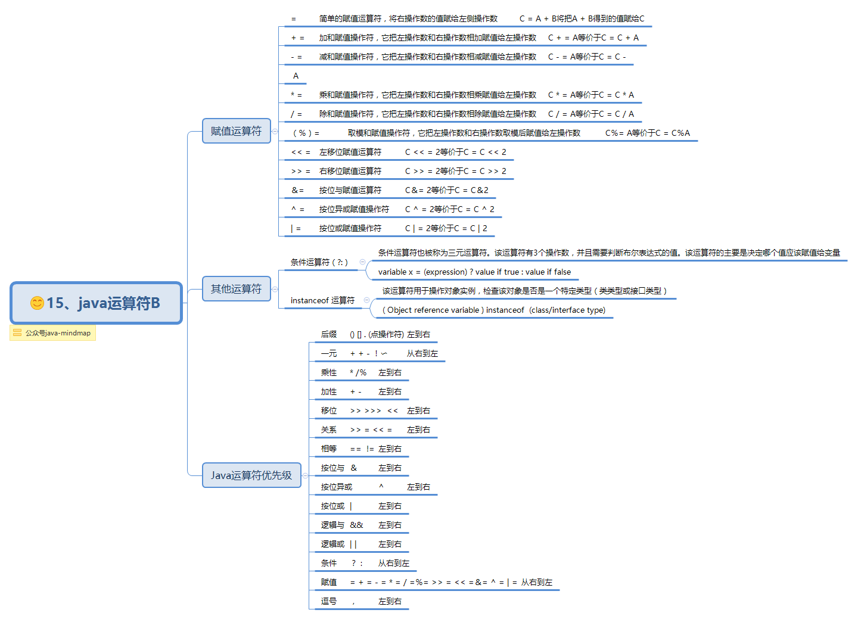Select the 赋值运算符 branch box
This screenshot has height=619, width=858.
point(236,131)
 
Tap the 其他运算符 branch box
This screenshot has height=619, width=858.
point(236,289)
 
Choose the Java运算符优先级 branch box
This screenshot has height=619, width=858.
point(251,475)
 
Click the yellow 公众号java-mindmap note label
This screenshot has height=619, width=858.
point(53,333)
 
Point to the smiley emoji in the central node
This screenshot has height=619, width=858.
point(37,303)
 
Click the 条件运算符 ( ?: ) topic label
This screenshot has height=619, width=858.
point(319,262)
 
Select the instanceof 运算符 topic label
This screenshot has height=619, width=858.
point(322,300)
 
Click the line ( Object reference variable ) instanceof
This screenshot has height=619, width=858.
point(493,310)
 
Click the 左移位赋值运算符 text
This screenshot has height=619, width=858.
point(350,152)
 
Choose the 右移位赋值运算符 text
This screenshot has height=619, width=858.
point(350,171)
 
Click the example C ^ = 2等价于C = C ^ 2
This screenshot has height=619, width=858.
point(449,209)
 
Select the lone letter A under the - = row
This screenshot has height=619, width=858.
point(296,76)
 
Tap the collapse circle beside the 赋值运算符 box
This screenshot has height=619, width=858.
point(275,131)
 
